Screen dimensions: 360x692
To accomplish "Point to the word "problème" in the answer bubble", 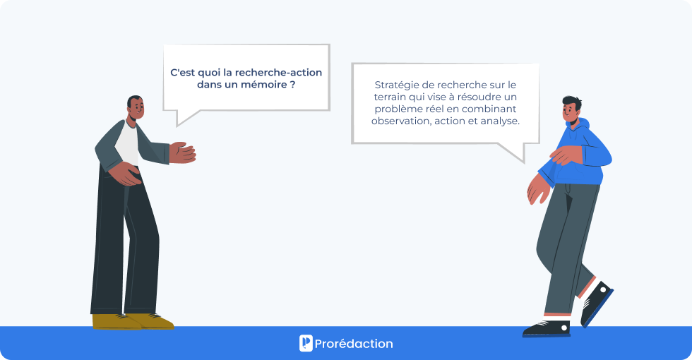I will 398,109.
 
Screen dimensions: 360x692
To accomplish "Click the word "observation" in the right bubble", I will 400,121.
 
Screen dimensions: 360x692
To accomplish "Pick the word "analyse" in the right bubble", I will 501,121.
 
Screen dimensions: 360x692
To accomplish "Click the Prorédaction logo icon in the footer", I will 306,343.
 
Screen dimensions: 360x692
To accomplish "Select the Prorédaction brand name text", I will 354,344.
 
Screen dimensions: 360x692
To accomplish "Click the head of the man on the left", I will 135,108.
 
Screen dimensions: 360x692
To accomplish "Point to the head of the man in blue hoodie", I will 571,109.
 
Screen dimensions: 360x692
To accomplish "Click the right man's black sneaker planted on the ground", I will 547,328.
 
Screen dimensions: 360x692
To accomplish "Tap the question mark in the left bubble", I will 292,85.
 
